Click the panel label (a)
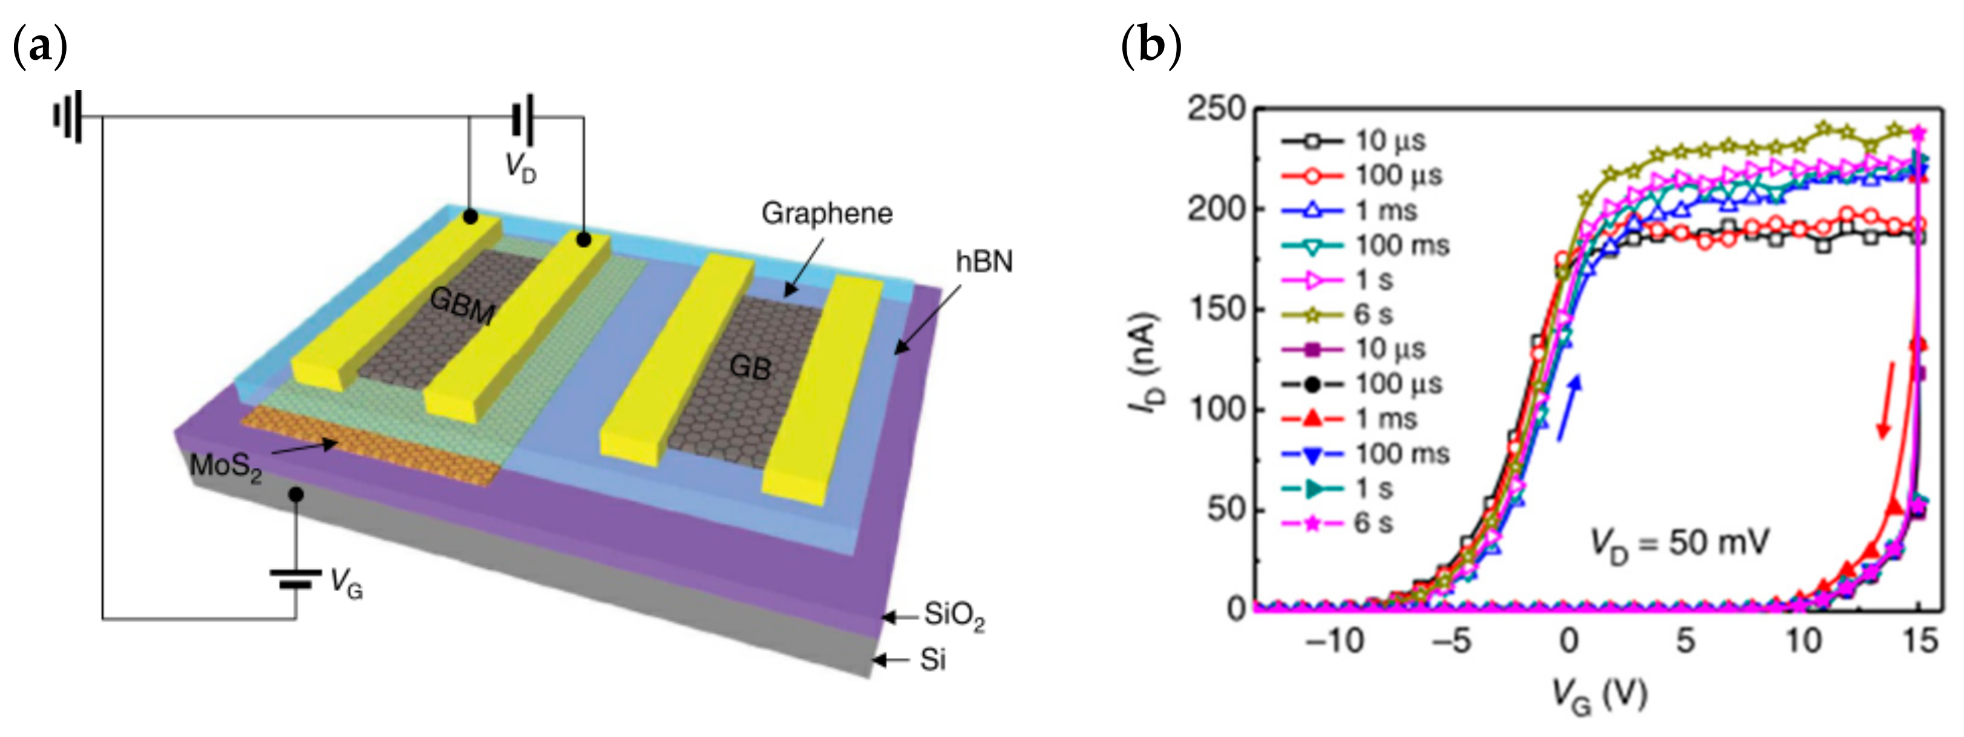41,46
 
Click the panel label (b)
1151,46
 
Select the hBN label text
984,261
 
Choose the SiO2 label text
954,615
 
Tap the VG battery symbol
296,579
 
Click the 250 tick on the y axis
1216,109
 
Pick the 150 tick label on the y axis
1216,309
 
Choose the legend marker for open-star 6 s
1311,315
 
